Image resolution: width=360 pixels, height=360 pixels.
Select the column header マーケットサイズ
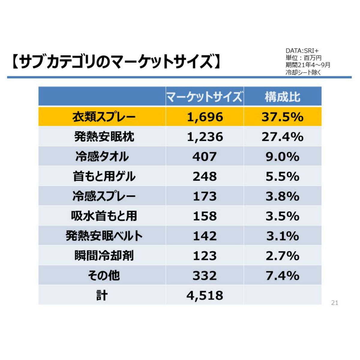tap(204, 97)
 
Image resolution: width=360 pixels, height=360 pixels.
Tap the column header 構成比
tap(282, 97)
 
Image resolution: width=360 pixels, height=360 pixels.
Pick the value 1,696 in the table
tap(205, 117)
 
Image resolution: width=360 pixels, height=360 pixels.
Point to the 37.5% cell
tap(282, 117)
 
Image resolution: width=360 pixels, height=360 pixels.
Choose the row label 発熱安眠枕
tap(104, 137)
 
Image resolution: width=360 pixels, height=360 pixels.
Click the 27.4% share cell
tap(282, 137)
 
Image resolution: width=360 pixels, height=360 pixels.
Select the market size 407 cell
tap(205, 157)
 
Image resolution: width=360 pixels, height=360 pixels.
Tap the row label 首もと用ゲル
tap(104, 176)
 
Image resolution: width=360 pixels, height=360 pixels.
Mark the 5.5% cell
tap(282, 176)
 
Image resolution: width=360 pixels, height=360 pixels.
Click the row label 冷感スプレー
tap(104, 196)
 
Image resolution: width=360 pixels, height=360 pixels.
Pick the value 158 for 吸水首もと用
tap(205, 216)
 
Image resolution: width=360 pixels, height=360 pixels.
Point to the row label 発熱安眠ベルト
tap(104, 236)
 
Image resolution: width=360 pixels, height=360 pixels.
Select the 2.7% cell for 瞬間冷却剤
tap(282, 256)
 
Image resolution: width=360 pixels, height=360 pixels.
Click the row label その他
tap(104, 275)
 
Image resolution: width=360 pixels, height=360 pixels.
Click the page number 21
tap(334, 303)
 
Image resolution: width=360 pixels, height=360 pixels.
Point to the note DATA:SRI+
tap(302, 51)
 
